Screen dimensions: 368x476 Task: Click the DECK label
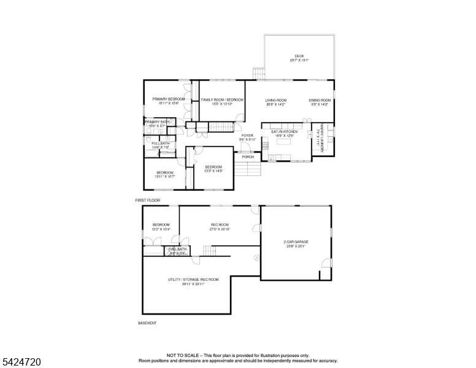(299, 56)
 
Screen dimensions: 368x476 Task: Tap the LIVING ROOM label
(276, 100)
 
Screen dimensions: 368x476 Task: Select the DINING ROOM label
(320, 100)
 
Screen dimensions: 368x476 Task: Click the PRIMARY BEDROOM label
(168, 99)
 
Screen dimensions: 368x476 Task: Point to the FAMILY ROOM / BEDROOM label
(218, 99)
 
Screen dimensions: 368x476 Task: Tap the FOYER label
(247, 135)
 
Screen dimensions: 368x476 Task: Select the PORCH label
(248, 157)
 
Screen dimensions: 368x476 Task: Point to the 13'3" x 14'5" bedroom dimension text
(213, 171)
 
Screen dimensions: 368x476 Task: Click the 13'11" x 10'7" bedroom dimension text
(164, 177)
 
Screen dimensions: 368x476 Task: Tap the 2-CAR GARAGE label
(296, 242)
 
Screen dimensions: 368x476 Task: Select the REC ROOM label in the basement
(220, 225)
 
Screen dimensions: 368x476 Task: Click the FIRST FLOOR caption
(147, 201)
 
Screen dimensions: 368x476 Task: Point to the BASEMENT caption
(147, 323)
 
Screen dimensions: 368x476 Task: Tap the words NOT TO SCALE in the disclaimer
(182, 355)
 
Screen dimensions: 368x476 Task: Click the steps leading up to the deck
(259, 74)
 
